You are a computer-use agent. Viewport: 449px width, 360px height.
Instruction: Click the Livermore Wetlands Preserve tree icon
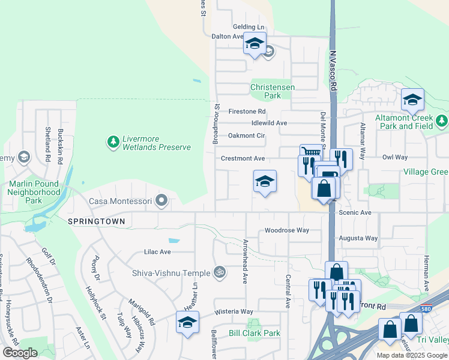112,142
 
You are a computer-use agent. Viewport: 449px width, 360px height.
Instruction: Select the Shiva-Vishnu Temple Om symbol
219,272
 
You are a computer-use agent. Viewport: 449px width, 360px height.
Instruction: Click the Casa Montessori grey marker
161,200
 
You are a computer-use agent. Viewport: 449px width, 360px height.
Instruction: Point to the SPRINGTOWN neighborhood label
97,221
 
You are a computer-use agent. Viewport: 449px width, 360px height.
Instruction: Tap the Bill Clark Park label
255,333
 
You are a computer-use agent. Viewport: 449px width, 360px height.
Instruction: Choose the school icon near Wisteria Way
187,322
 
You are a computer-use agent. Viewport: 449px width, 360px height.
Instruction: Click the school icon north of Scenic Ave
265,181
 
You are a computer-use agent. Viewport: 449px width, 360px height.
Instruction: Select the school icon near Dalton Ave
254,43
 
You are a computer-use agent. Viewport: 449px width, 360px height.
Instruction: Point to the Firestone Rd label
247,112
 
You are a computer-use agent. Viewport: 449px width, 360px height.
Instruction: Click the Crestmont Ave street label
243,158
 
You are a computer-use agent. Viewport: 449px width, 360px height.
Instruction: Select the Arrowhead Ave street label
245,262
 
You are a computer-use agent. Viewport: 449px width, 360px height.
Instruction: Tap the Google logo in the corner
20,353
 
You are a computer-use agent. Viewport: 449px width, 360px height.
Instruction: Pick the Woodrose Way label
287,230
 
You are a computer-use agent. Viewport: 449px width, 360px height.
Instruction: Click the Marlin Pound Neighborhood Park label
34,192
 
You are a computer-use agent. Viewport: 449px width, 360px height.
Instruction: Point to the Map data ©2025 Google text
411,355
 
